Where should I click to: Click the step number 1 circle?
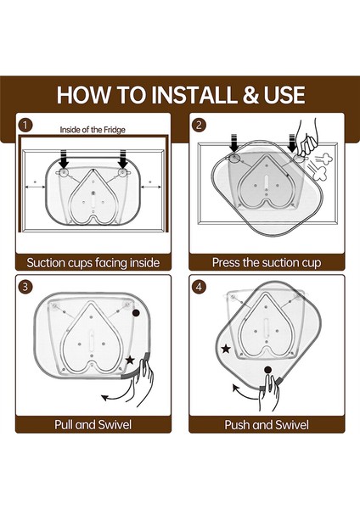[x=25, y=125]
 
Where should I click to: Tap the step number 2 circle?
[x=199, y=125]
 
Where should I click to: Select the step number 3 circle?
[x=25, y=287]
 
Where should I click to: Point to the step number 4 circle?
[x=199, y=287]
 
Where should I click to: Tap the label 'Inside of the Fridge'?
[x=93, y=130]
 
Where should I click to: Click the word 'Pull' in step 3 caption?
[x=64, y=424]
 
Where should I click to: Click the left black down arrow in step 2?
[x=234, y=143]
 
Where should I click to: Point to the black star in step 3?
[x=130, y=360]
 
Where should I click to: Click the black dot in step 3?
[x=136, y=313]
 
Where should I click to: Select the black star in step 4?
[x=226, y=349]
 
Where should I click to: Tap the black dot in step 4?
[x=267, y=370]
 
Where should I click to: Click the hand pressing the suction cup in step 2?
[x=307, y=139]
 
